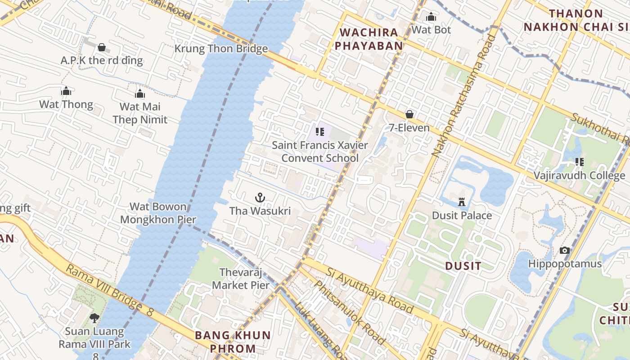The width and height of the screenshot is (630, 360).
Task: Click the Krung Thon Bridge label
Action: pos(221,49)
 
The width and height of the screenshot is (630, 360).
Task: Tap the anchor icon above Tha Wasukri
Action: pos(260,198)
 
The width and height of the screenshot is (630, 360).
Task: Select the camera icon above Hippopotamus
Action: pos(564,250)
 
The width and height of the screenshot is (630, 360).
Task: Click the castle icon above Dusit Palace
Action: pos(462,202)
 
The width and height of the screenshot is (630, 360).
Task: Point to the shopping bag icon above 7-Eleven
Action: pos(409,114)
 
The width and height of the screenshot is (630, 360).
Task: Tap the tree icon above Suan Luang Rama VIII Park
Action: pos(94,318)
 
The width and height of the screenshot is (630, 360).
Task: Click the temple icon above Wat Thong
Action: pos(66,91)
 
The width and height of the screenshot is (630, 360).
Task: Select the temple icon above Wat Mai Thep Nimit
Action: pos(140,94)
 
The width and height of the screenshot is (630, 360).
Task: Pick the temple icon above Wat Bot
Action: pos(431,17)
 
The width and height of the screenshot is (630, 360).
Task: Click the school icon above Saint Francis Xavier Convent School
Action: pos(320,132)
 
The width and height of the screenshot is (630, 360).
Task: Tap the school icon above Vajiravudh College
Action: pos(579,162)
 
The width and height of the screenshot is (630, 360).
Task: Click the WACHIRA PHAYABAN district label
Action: pos(369,39)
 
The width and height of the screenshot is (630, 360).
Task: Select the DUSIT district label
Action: pos(463,266)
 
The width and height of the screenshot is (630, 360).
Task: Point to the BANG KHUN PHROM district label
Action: pos(233,342)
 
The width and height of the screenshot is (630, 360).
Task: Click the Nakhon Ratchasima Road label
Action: pos(463,96)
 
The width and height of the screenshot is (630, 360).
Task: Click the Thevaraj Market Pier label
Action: pos(241,279)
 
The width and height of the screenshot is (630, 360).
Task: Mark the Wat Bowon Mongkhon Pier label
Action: pos(158,213)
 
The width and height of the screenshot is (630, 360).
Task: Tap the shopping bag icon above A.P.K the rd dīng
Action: pos(102,47)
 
